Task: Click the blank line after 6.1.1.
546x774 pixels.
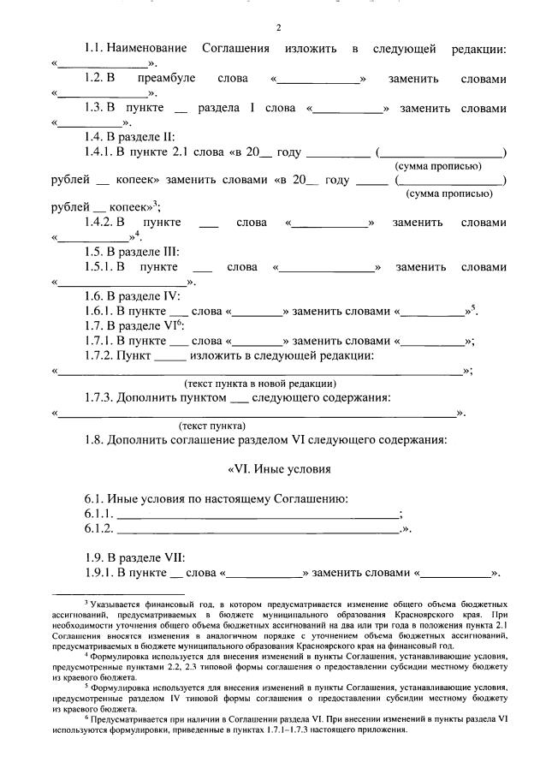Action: coord(258,514)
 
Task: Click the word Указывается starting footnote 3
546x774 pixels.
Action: coord(132,604)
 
